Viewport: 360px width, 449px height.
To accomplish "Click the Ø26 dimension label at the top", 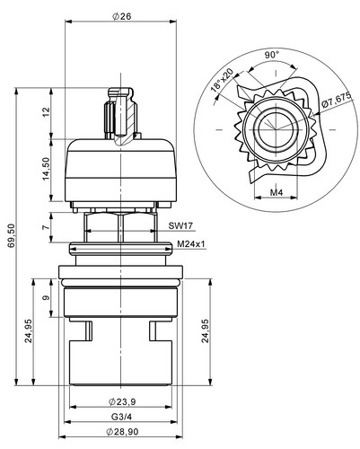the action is click(x=122, y=16).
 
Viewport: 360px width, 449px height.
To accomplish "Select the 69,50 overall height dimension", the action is click(x=11, y=236).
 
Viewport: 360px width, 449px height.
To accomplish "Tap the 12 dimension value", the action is click(x=46, y=112).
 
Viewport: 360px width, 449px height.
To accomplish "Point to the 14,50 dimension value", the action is click(x=46, y=169).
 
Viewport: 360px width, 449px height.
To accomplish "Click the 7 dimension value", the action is click(x=46, y=227).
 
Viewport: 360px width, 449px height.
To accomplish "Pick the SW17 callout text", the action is click(x=180, y=225).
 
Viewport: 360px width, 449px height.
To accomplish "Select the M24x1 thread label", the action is click(x=191, y=244).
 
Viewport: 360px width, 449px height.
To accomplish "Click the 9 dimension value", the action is click(x=46, y=298).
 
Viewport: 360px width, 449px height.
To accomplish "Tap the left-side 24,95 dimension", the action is click(x=29, y=331).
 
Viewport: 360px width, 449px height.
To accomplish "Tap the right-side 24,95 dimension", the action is click(x=205, y=331).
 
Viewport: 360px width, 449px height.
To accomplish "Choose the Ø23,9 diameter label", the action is click(x=122, y=401).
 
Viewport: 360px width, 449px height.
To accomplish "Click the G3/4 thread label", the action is click(x=121, y=417).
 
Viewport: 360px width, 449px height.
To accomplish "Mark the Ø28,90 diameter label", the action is click(x=122, y=432).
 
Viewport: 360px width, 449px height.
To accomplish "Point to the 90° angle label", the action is click(x=272, y=55).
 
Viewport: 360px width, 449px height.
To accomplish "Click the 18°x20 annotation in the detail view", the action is click(x=222, y=80).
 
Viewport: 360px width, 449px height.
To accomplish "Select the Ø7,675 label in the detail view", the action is click(x=336, y=101).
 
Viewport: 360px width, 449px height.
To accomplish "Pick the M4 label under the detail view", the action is click(x=277, y=192).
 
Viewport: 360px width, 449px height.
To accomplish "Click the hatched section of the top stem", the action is click(x=129, y=119).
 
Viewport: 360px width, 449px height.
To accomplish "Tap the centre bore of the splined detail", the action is click(x=276, y=129).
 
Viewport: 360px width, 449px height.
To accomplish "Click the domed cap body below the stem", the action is click(x=120, y=170).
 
